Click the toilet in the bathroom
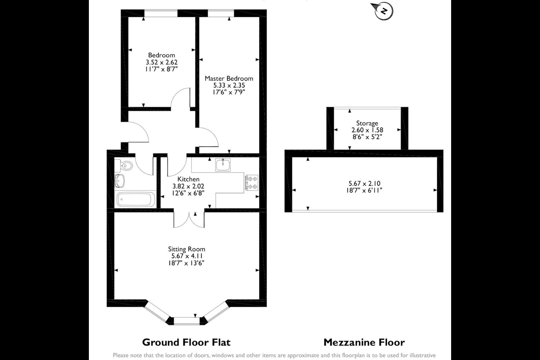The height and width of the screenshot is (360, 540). pos(124,165)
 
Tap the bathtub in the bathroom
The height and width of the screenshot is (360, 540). pos(136,199)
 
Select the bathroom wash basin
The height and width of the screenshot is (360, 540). pos(120,181)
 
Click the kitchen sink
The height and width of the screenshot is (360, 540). pos(223,165)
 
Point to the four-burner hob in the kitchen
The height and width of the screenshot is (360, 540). pos(252,183)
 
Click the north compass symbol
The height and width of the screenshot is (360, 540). pos(382,10)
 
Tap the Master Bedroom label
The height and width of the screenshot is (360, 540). pos(229,78)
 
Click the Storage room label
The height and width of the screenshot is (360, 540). pos(367,123)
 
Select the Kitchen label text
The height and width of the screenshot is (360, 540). pos(188,179)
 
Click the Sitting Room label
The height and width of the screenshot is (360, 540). pos(186,249)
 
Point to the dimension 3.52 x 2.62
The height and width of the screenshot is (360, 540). pos(162,62)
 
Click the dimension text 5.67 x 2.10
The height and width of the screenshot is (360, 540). pos(364,183)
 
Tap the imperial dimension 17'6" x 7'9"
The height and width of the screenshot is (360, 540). pos(229,92)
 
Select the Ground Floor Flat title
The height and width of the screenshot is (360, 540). pos(186,342)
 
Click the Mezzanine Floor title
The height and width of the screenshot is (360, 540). pos(364,342)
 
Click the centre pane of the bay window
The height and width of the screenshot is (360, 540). pos(187,321)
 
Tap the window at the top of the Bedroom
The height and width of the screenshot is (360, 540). pos(161,13)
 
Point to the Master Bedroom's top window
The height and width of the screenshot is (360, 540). pos(221,13)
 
